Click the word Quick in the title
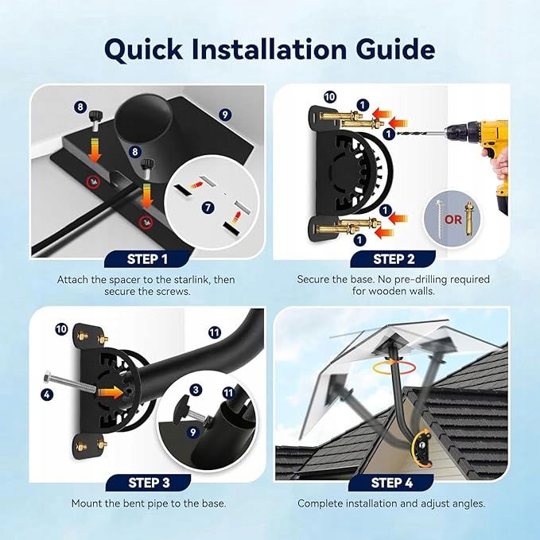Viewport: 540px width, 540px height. point(143,50)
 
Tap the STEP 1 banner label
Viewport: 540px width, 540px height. point(147,259)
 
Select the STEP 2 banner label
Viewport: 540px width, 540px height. point(394,259)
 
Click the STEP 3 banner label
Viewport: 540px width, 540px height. point(149,483)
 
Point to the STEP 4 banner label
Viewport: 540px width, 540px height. point(391,483)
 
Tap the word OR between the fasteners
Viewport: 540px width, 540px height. point(453,219)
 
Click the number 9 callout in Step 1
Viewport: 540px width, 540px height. point(225,115)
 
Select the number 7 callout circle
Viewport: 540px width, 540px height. point(208,208)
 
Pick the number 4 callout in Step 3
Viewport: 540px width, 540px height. point(47,394)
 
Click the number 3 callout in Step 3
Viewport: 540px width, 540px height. point(196,390)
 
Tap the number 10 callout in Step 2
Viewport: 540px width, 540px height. point(329,97)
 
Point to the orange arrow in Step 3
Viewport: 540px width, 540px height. point(111,392)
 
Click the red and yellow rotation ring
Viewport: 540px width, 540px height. point(394,367)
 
